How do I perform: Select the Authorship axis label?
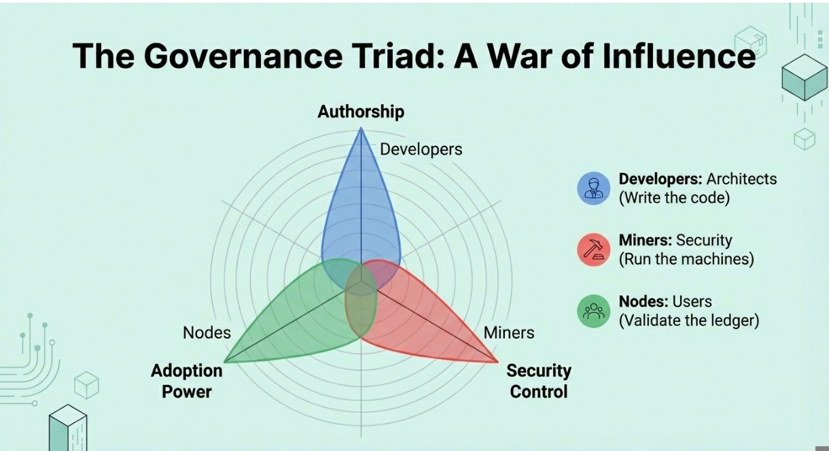(x=361, y=112)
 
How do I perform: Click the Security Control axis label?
(x=539, y=381)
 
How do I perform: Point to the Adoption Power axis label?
(x=187, y=381)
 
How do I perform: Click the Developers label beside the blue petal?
(x=421, y=149)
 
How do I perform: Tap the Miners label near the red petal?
(x=509, y=333)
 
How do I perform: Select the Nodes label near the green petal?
(x=207, y=333)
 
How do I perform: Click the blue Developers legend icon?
(x=594, y=188)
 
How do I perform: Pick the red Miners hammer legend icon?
(x=594, y=250)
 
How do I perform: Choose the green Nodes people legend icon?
(x=594, y=311)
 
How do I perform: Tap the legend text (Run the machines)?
(x=686, y=259)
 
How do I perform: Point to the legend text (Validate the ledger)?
(x=688, y=320)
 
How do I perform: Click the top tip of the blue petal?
(x=361, y=129)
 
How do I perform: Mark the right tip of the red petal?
(x=497, y=362)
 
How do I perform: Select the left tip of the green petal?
(x=225, y=362)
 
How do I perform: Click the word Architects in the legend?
(x=741, y=179)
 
